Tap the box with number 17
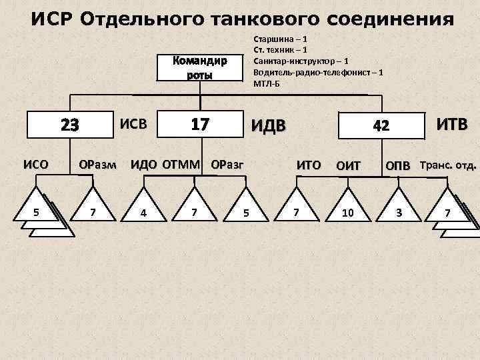point(200,125)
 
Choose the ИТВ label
point(451,124)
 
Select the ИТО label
point(309,164)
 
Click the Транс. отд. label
point(449,164)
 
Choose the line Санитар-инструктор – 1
point(300,61)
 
